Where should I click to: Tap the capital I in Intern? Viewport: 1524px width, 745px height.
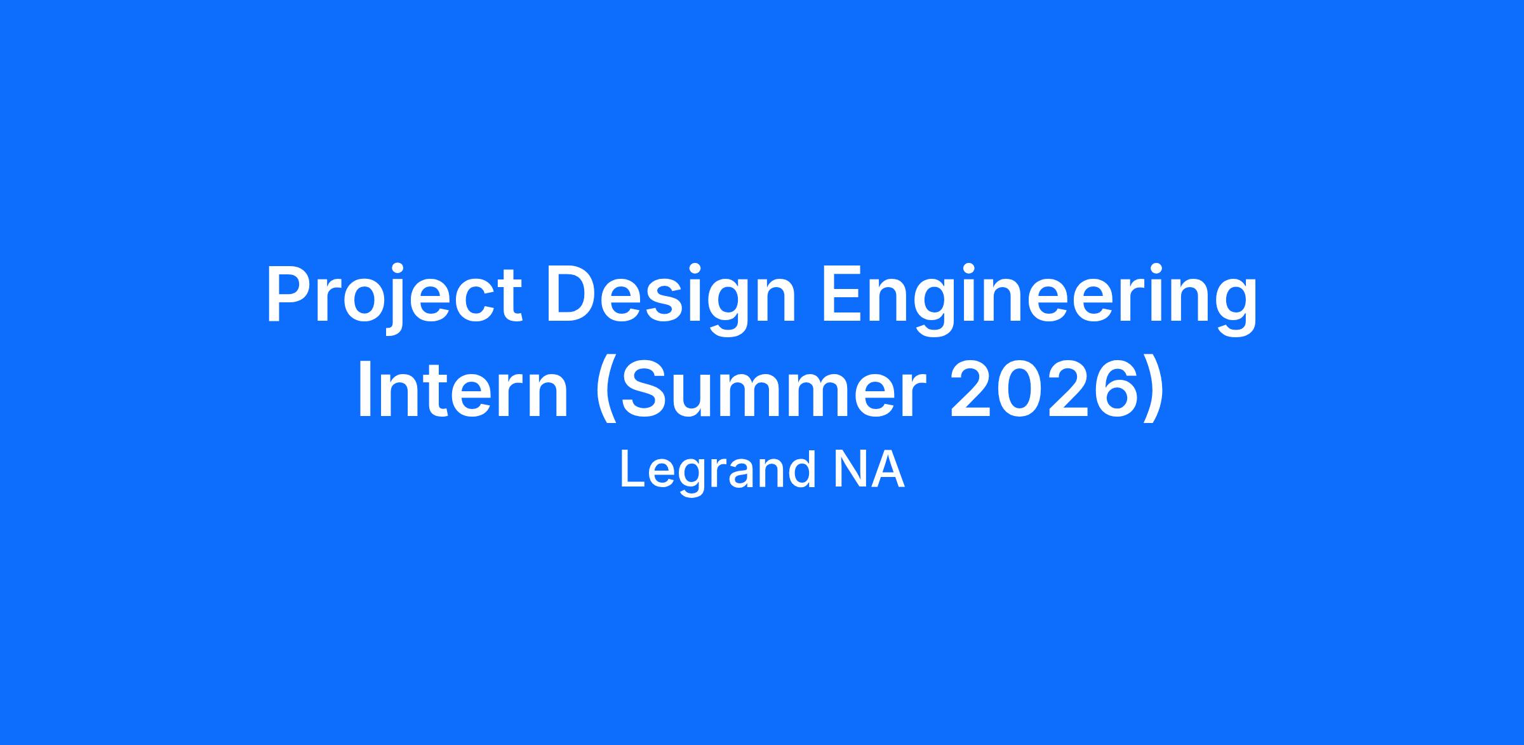pyautogui.click(x=365, y=389)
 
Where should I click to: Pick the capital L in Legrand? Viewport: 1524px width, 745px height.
pyautogui.click(x=634, y=469)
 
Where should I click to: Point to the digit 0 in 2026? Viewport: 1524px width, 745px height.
pyautogui.click(x=1019, y=389)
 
